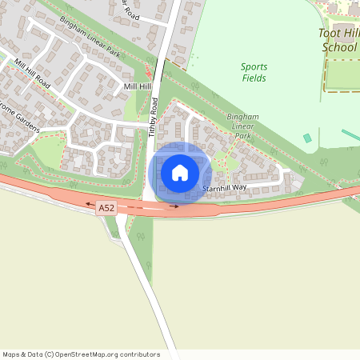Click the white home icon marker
coord(180,172)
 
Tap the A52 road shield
coord(106,208)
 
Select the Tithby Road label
coord(153,118)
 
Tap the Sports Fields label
coord(254,72)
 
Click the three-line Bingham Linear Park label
coord(242,126)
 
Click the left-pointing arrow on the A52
coord(90,205)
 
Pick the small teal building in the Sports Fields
coord(307,138)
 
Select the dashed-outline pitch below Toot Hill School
coord(342,74)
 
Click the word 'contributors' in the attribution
coord(142,354)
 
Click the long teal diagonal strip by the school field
coord(350,134)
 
